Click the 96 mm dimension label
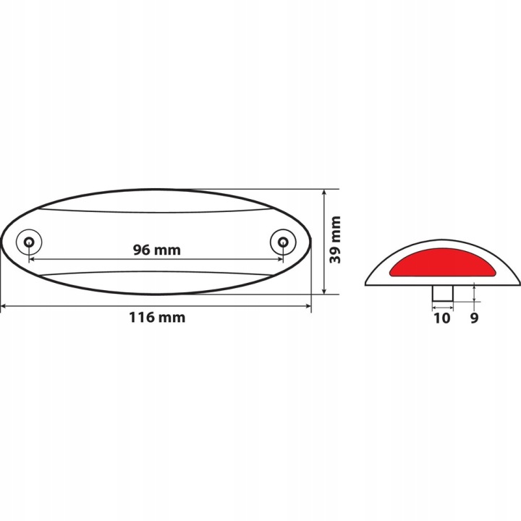point(157,250)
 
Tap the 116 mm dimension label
point(157,318)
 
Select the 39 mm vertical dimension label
point(335,240)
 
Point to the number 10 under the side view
point(442,318)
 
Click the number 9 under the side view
point(474,318)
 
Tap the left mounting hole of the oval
point(29,241)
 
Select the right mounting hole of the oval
point(283,241)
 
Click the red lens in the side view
point(443,263)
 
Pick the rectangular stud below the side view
point(443,293)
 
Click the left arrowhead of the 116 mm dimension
point(4,305)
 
